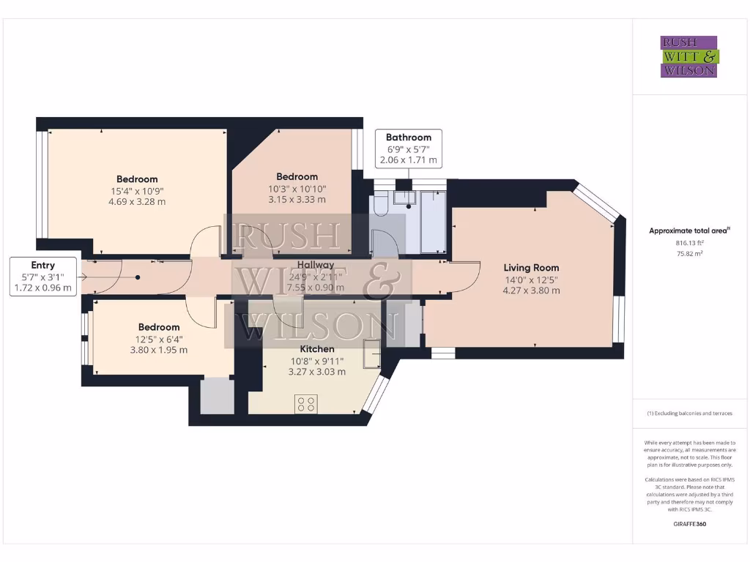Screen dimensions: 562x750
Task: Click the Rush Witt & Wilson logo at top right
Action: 689,56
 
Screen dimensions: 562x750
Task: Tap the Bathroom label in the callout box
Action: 409,137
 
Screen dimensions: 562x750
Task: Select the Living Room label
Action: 531,267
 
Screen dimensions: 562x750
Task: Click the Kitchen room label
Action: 316,349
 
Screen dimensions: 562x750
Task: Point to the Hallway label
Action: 316,265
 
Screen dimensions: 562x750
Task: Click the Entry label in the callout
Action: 42,265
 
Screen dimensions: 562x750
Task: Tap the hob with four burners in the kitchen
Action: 306,404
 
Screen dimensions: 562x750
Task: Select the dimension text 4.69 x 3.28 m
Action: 137,201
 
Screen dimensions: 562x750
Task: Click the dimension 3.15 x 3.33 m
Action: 297,199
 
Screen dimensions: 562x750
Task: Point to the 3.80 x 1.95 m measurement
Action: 159,350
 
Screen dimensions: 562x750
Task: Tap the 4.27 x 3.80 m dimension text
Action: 531,290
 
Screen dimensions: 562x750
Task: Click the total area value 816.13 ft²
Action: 689,242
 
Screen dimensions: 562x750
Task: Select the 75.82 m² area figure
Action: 689,253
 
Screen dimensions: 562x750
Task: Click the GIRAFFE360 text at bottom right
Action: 689,524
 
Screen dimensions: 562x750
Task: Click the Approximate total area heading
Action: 689,231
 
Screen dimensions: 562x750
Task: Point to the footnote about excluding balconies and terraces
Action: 689,413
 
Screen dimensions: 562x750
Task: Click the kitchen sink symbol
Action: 371,353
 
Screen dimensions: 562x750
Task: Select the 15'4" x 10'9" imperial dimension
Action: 137,190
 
